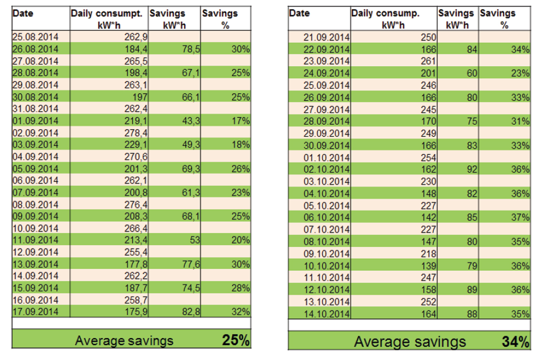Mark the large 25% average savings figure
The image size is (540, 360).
coord(235,341)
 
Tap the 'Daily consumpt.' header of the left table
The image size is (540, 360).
coord(107,13)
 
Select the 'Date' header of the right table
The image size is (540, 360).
coord(299,13)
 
